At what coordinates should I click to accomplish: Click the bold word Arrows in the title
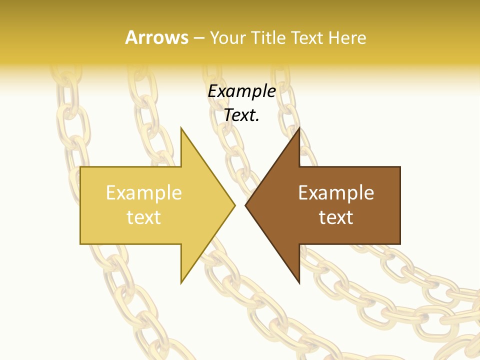coord(156,37)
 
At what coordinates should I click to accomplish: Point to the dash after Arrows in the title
coord(198,38)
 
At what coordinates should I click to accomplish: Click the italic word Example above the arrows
coord(241,91)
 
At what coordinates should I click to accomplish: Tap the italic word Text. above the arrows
coord(241,115)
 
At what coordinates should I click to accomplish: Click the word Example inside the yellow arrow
coord(144,193)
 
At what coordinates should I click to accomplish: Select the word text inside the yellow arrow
coord(144,217)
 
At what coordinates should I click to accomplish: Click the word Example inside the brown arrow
coord(336,193)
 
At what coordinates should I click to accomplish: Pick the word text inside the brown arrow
coord(336,217)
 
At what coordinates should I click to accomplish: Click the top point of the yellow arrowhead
coord(181,128)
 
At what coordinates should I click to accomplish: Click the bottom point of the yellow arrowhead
coord(181,282)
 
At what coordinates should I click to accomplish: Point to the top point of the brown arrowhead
coord(299,128)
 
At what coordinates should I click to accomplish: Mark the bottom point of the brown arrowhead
coord(299,282)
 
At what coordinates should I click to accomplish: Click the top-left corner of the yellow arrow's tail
coord(81,167)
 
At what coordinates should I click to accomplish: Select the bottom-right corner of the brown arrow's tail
coord(399,243)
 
